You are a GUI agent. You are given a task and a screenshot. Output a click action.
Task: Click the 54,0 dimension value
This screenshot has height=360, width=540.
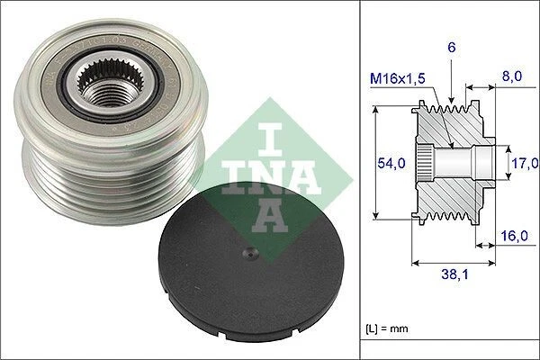pos(390,162)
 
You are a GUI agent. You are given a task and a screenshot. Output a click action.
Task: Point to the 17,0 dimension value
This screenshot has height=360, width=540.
pos(524,163)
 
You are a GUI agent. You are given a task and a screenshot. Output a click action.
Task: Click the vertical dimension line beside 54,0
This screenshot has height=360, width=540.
pos(372,162)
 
